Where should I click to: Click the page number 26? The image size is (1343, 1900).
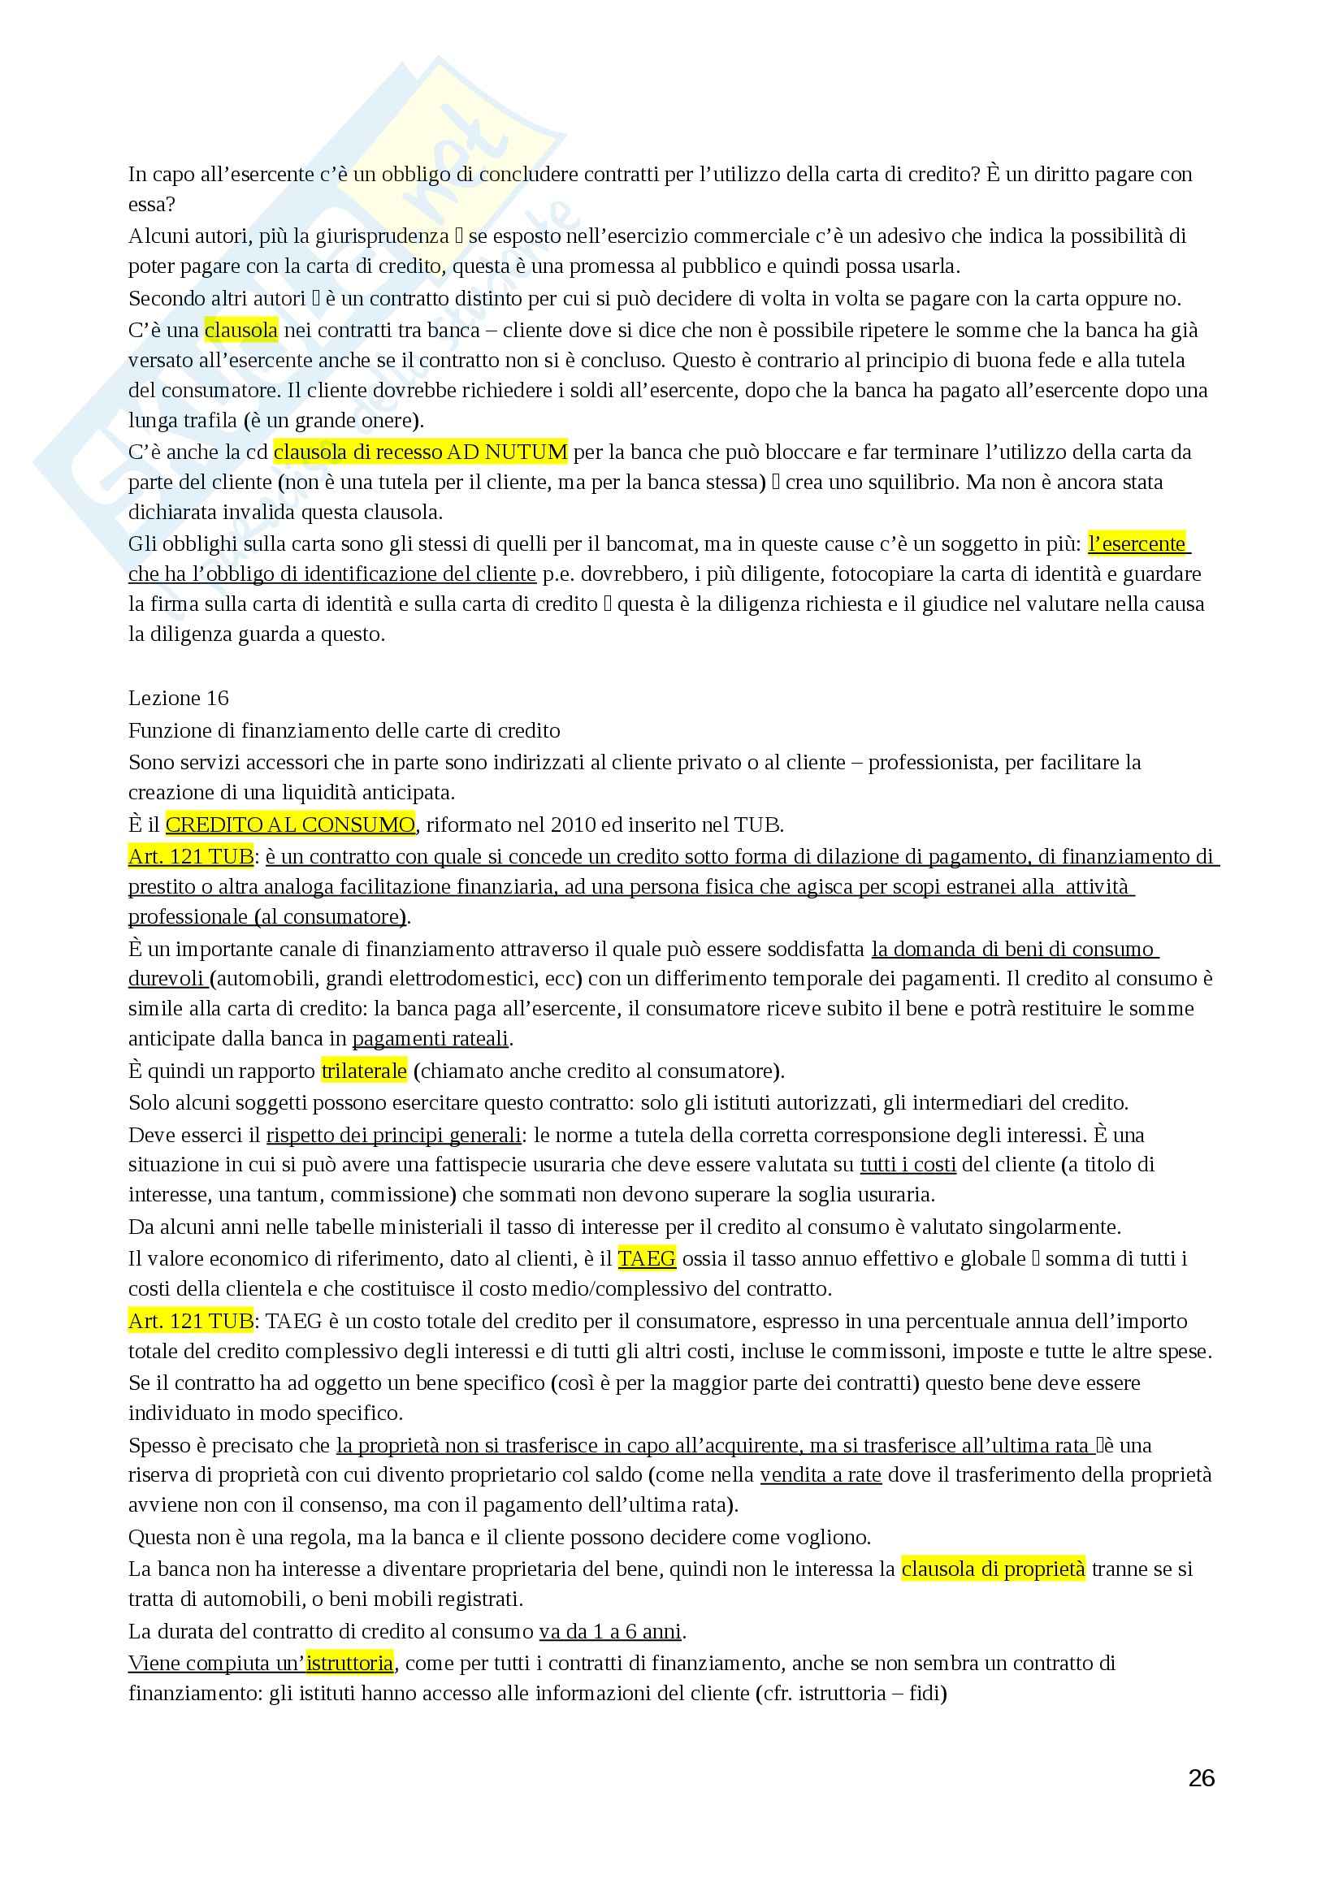pos(1201,1777)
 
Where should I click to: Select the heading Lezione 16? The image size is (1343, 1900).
pos(178,699)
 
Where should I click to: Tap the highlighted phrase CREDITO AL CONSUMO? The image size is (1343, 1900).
pos(289,824)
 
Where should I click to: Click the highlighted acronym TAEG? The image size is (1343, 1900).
pos(646,1258)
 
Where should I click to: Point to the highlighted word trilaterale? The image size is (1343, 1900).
pos(364,1071)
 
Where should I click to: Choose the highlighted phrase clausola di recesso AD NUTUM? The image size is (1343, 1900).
pos(420,452)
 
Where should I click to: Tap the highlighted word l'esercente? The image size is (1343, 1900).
pos(1136,543)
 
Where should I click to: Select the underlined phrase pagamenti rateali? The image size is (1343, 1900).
pos(431,1037)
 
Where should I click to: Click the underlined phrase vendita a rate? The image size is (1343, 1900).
pos(820,1474)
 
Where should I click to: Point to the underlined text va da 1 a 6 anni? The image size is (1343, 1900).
pos(611,1631)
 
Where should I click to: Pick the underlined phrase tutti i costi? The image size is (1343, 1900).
pos(908,1164)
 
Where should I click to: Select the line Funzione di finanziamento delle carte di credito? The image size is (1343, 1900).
pos(344,731)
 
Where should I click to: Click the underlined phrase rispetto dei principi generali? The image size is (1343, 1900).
pos(393,1135)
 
